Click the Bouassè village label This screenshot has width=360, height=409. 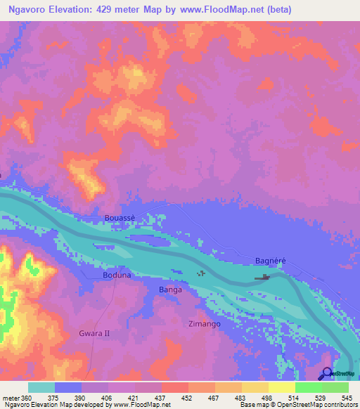(x=119, y=218)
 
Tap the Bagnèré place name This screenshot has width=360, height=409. (x=270, y=261)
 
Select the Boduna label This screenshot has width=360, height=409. (x=117, y=276)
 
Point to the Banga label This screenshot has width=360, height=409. (x=170, y=290)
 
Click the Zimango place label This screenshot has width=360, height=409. (x=205, y=324)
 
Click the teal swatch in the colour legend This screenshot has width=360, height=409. (x=41, y=387)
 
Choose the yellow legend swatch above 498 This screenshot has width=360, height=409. (x=255, y=387)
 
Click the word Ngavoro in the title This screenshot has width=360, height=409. (x=28, y=10)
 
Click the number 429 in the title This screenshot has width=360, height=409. (x=112, y=10)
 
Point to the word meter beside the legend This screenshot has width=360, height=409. (x=11, y=398)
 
